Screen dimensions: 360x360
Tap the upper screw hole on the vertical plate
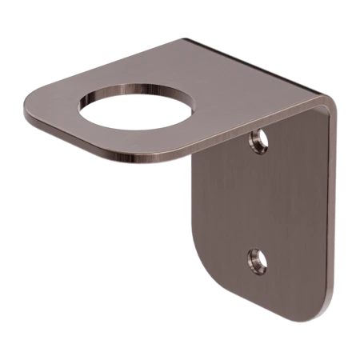255,142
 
